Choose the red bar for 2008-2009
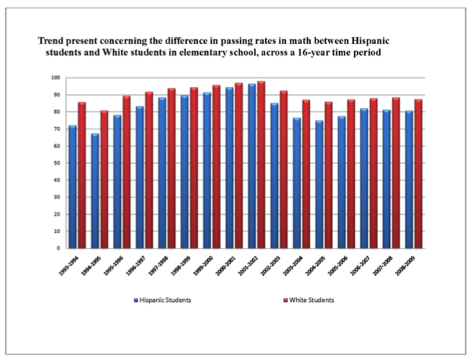tap(418, 173)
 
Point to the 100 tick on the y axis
tap(55, 78)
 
